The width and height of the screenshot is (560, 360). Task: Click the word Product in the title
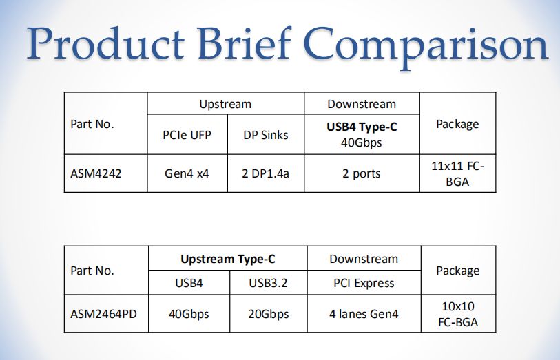click(104, 45)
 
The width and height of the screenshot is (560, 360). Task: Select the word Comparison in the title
click(427, 45)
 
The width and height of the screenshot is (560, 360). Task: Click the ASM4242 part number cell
click(96, 173)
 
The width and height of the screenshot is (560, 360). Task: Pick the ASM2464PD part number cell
click(104, 314)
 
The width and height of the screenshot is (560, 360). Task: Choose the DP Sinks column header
click(265, 135)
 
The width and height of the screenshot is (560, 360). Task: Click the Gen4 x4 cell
click(187, 173)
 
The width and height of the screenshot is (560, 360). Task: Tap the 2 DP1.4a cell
click(265, 173)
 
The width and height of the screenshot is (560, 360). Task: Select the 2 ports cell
click(362, 173)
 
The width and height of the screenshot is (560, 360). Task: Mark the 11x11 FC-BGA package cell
click(457, 173)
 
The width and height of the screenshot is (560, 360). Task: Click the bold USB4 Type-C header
click(362, 127)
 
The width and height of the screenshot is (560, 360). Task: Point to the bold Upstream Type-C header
click(227, 260)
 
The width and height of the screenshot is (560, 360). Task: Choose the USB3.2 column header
click(268, 283)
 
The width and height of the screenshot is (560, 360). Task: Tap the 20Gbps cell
click(268, 314)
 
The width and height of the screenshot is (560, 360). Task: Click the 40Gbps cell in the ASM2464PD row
click(189, 314)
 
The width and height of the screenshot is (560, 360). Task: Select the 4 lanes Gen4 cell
click(363, 314)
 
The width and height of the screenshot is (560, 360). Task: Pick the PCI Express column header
click(363, 283)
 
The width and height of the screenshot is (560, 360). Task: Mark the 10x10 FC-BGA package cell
click(457, 314)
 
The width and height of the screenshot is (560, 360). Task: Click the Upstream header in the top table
click(225, 105)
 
